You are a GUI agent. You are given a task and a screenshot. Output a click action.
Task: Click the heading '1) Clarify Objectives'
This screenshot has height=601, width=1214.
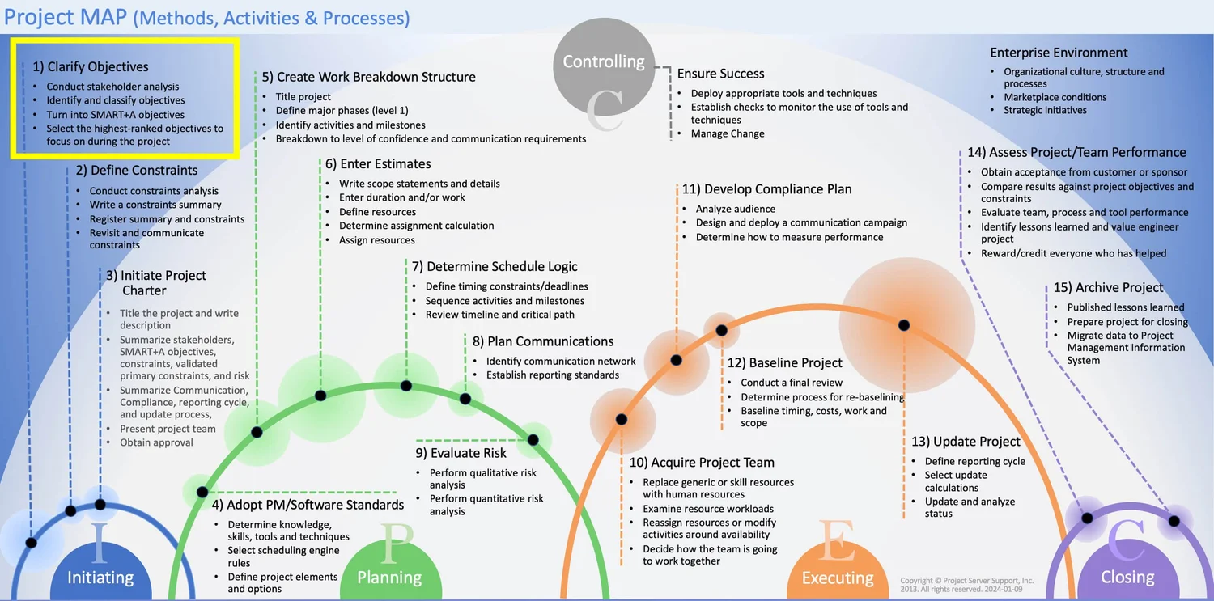pyautogui.click(x=90, y=67)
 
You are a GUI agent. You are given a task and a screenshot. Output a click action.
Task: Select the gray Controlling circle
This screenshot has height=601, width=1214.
pyautogui.click(x=603, y=65)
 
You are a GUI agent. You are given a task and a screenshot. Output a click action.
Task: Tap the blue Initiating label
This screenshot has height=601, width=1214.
pyautogui.click(x=100, y=578)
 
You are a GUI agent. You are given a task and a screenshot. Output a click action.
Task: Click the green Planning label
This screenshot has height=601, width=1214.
pyautogui.click(x=389, y=578)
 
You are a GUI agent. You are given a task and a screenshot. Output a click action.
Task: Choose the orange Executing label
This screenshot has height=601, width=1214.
pyautogui.click(x=838, y=578)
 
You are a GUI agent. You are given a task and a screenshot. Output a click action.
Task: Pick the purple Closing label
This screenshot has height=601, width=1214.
pyautogui.click(x=1127, y=578)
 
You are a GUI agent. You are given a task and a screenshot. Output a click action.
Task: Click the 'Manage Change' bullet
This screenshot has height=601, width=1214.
pyautogui.click(x=727, y=134)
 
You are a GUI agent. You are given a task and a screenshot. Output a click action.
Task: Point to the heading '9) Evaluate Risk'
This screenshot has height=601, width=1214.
pyautogui.click(x=461, y=453)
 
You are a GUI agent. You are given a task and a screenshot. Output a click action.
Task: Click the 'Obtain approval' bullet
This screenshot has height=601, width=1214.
pyautogui.click(x=156, y=442)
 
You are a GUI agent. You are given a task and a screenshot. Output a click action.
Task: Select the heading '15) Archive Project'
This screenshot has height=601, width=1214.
pyautogui.click(x=1108, y=288)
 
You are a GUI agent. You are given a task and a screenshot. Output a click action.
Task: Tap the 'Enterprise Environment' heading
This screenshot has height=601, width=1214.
pyautogui.click(x=1059, y=53)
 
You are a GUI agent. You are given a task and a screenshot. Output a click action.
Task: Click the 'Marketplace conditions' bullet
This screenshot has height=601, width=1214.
pyautogui.click(x=1055, y=97)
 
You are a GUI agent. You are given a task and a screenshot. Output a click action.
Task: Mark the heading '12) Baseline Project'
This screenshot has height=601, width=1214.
pyautogui.click(x=784, y=363)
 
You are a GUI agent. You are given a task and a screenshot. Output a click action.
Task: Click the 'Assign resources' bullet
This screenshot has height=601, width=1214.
pyautogui.click(x=376, y=240)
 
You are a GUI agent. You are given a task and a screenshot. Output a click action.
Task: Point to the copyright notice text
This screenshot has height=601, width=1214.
pyautogui.click(x=966, y=585)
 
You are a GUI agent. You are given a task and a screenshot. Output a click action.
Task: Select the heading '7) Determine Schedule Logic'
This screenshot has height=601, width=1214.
pyautogui.click(x=494, y=267)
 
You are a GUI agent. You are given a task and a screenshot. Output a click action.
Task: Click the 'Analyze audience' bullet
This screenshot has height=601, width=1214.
pyautogui.click(x=735, y=210)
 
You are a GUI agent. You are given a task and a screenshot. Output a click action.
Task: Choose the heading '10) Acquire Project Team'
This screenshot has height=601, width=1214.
pyautogui.click(x=702, y=463)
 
